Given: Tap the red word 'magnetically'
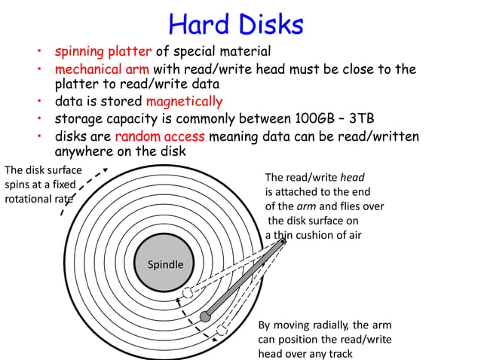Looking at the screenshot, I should coord(185,101).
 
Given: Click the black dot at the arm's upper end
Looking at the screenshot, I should coord(283,241).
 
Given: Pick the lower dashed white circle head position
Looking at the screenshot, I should coord(222,331).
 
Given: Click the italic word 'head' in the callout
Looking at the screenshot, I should coord(353,178).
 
